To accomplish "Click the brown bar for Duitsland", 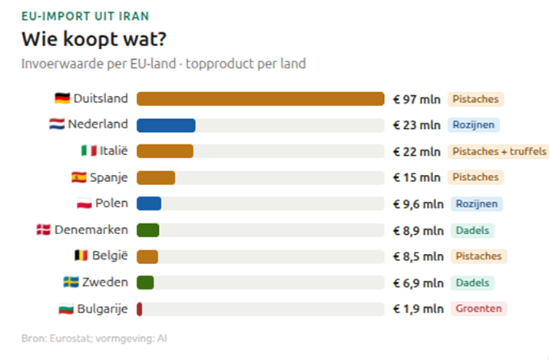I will [260, 99].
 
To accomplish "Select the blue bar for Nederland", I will [166, 125].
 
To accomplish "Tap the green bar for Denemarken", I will [148, 230].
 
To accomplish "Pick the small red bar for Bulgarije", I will [140, 309].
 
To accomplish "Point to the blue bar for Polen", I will [149, 203].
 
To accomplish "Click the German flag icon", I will [62, 99].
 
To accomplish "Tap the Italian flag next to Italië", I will [88, 151].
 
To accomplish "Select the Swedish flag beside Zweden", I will [71, 282].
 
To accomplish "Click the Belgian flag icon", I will [80, 256].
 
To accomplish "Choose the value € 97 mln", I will [417, 99].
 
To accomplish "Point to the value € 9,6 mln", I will [418, 203].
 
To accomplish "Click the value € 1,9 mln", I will [418, 309].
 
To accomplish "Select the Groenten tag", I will [478, 309].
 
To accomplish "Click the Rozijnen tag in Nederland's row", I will [475, 125].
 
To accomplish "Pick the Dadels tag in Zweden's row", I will [472, 282].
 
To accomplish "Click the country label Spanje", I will [109, 177].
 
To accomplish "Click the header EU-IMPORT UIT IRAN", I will [84, 15].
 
